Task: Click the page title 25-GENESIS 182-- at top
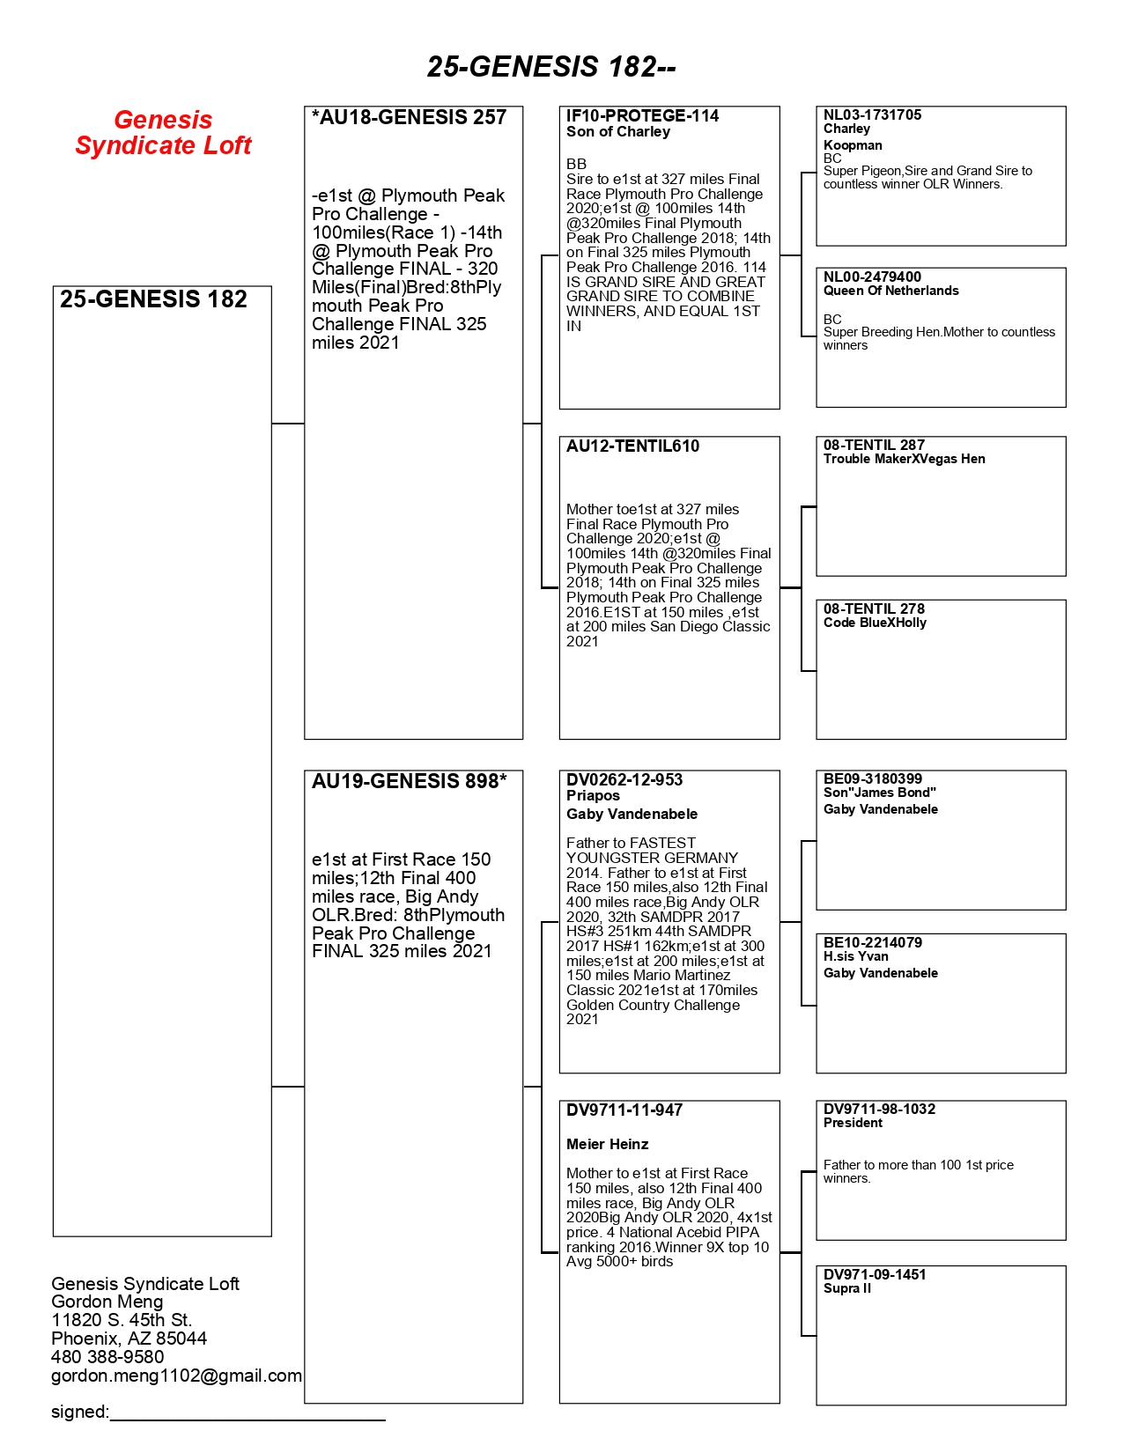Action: click(551, 67)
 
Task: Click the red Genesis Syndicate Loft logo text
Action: click(163, 133)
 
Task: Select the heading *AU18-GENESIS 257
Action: click(409, 118)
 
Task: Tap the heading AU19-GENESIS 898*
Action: click(409, 782)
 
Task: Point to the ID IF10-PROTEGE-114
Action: click(642, 116)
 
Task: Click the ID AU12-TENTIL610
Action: click(632, 446)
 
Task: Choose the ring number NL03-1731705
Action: click(872, 115)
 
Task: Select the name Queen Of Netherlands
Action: click(890, 291)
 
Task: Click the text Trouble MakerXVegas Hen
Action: click(904, 459)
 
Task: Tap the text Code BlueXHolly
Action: click(875, 623)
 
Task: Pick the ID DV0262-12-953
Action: click(624, 780)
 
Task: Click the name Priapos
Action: click(593, 796)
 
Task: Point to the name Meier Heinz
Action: click(607, 1145)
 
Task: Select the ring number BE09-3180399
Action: click(872, 779)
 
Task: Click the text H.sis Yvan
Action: click(855, 956)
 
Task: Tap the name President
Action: click(853, 1123)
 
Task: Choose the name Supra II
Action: click(846, 1288)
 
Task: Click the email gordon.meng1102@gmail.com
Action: click(176, 1376)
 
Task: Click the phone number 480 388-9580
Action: click(107, 1357)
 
